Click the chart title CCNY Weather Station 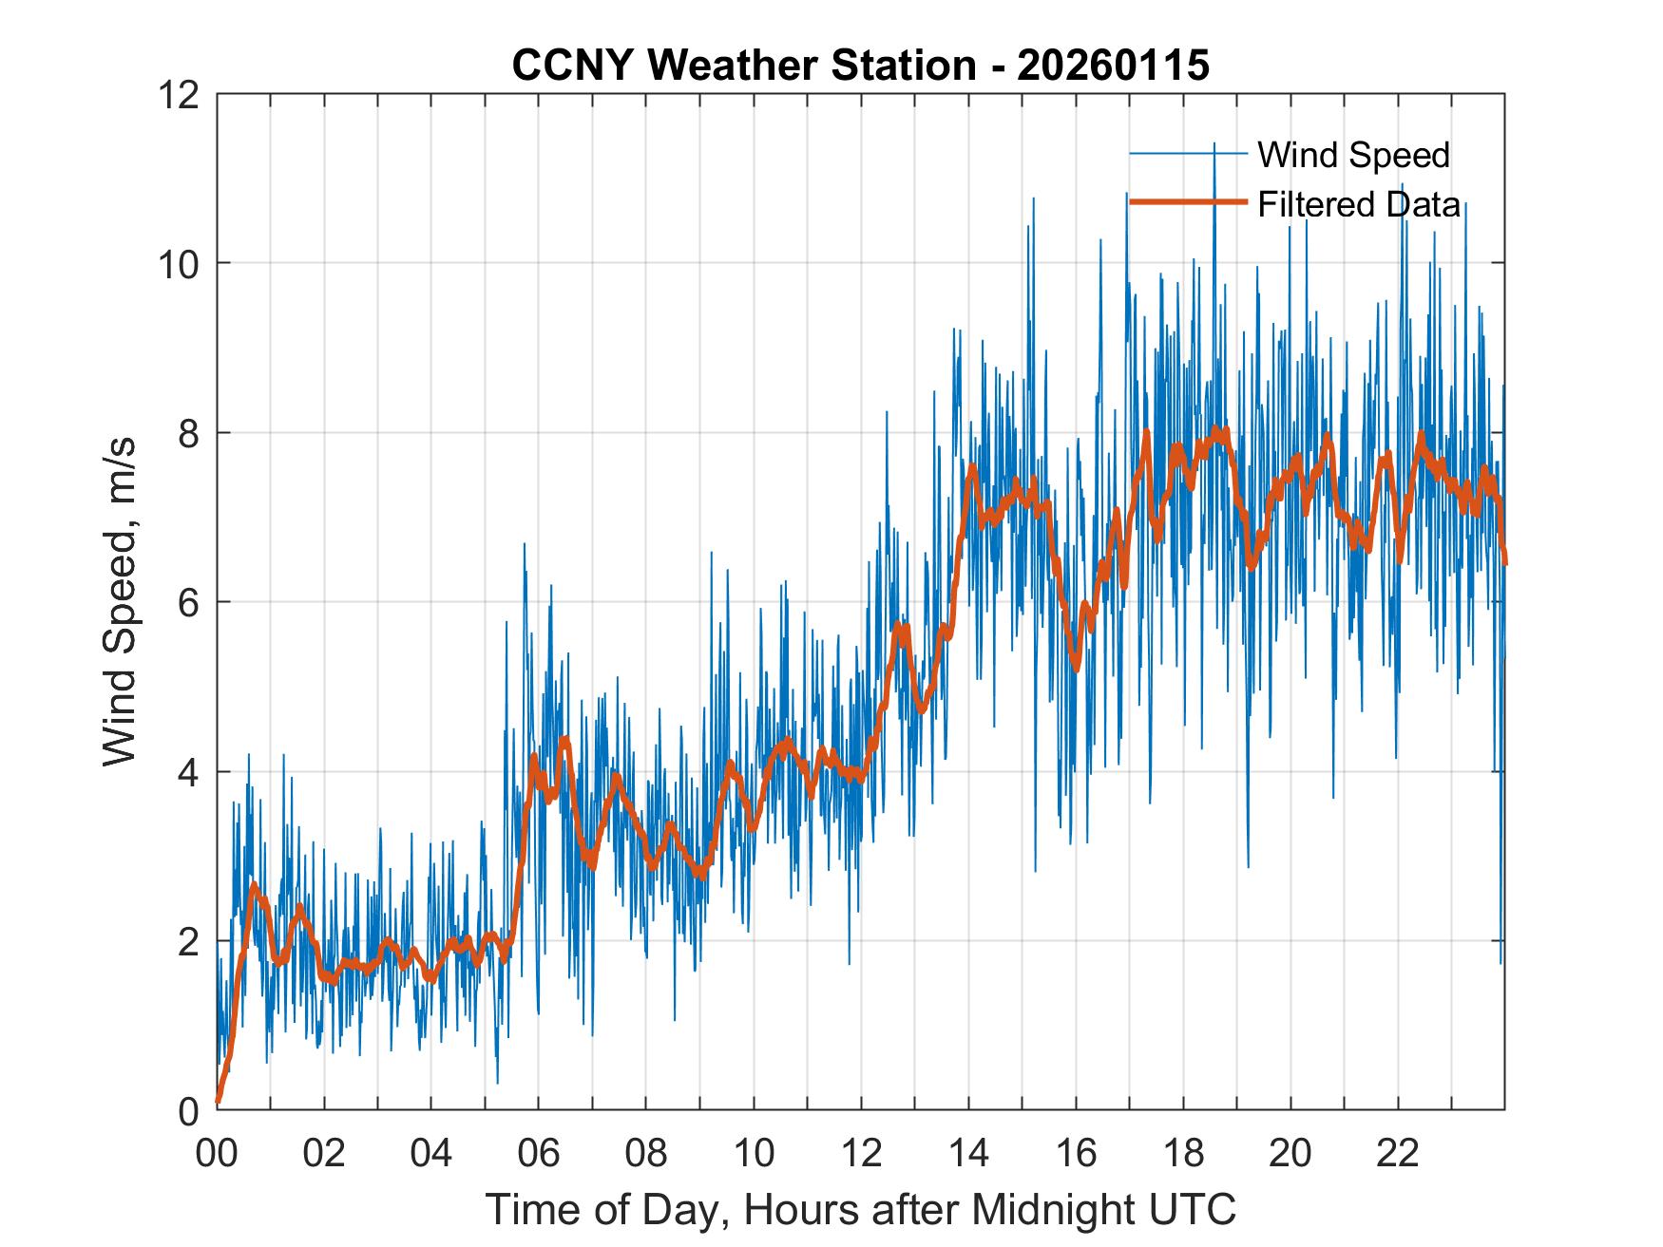tap(744, 66)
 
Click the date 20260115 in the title tap(1113, 66)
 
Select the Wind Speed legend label tap(1353, 155)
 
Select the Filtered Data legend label tap(1359, 204)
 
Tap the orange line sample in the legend tap(1187, 202)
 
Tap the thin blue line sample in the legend tap(1187, 154)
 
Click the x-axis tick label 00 tap(217, 1153)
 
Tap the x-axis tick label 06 tap(539, 1153)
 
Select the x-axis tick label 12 tap(861, 1153)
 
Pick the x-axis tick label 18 tap(1183, 1153)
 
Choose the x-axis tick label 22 tap(1398, 1153)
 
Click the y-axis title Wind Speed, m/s tap(120, 601)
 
